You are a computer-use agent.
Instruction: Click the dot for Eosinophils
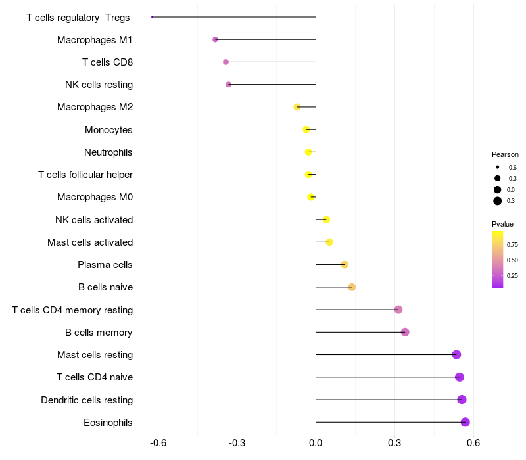[466, 422]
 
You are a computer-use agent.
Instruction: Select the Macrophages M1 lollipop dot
[215, 39]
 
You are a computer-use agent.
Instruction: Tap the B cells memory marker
[405, 332]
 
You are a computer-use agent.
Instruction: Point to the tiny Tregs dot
[152, 17]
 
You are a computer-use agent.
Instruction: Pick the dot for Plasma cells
[345, 265]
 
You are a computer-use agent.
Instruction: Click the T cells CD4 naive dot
[460, 377]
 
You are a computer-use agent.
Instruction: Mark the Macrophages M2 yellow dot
[297, 107]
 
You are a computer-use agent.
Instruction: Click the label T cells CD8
[107, 62]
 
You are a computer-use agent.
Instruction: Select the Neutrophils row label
[108, 152]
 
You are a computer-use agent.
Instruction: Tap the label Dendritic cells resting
[87, 400]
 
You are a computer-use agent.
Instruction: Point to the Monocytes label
[108, 130]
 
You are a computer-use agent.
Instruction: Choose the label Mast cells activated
[90, 242]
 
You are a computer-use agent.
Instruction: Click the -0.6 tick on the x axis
[158, 443]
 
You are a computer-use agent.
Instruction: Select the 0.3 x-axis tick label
[394, 443]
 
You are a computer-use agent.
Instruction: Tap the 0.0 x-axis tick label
[316, 443]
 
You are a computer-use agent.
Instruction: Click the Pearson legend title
[505, 154]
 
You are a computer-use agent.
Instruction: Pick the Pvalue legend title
[502, 224]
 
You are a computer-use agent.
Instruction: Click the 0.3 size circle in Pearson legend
[498, 201]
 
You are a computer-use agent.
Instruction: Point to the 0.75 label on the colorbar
[512, 245]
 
